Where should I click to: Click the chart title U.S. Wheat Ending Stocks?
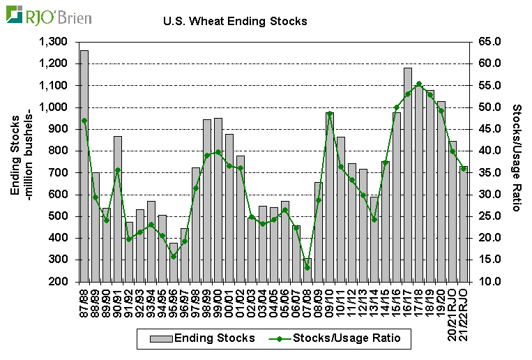click(235, 21)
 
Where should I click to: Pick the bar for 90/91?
click(118, 209)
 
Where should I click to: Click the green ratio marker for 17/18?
click(419, 84)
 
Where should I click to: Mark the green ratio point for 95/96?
click(174, 256)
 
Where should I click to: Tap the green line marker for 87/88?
click(84, 121)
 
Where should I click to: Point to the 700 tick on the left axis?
click(59, 172)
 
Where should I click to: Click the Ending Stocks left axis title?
click(20, 161)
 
